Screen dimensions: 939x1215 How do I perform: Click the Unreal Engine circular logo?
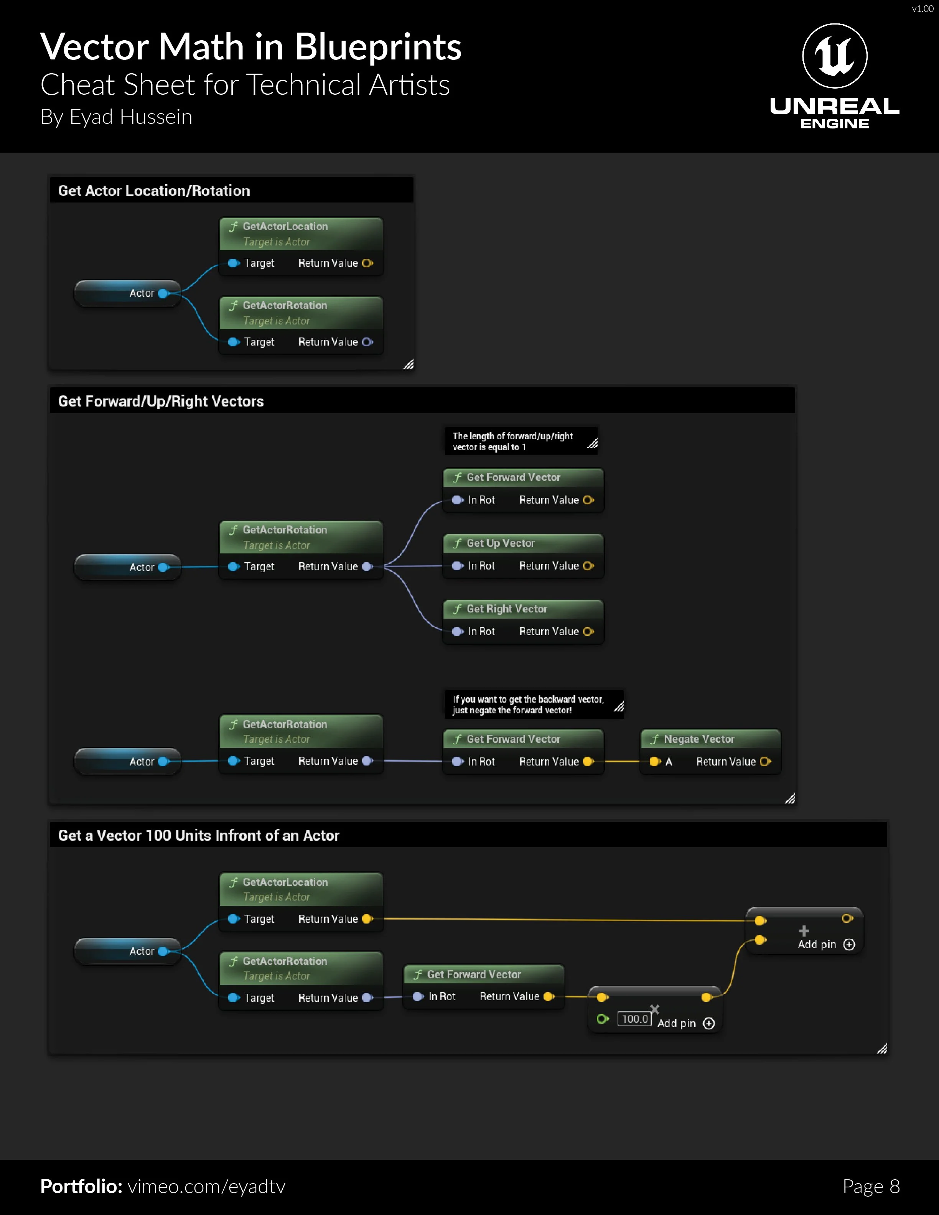coord(834,56)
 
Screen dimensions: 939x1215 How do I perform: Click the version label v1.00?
coord(922,8)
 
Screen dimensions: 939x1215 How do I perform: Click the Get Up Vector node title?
coord(500,543)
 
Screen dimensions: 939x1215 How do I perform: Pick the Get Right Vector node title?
coord(506,609)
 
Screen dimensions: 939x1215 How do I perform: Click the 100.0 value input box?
coord(634,1019)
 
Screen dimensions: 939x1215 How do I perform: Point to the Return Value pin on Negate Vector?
coord(766,762)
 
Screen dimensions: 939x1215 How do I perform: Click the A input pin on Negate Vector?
coord(655,762)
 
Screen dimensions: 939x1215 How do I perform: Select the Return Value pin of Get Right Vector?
coord(588,631)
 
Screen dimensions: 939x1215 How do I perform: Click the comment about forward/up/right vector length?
coord(512,441)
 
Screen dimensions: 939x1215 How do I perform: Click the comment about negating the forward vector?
coord(527,704)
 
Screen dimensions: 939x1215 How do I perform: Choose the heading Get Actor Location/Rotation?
coord(154,191)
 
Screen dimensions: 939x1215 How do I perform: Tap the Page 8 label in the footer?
coord(871,1186)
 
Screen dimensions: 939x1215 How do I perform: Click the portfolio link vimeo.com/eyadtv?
coord(206,1186)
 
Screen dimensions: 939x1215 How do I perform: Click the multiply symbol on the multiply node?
coord(655,1009)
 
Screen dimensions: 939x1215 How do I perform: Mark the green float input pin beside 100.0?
coord(602,1019)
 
